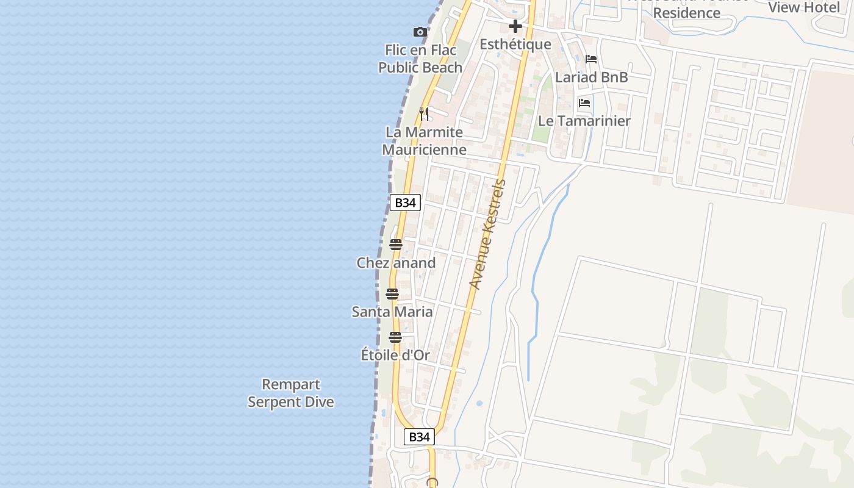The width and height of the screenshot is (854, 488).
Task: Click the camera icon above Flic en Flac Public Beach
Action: (x=420, y=32)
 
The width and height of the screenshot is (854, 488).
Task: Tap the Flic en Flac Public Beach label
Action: (x=420, y=59)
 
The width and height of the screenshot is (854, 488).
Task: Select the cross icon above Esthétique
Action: (x=515, y=26)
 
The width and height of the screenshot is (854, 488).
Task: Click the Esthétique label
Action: (x=515, y=45)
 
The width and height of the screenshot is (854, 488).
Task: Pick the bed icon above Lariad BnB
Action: (x=591, y=59)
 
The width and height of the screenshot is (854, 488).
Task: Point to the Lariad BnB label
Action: (x=591, y=77)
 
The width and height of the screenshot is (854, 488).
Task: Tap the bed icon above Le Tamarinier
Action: (x=584, y=102)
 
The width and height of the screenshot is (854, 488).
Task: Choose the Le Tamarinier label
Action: (x=584, y=121)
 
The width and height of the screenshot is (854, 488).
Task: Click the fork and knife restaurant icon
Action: (x=424, y=113)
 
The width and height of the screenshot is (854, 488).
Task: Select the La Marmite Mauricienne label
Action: (x=425, y=141)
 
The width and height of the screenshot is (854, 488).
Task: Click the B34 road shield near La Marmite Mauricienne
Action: (x=405, y=203)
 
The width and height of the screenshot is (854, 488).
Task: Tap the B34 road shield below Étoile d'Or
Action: (x=419, y=437)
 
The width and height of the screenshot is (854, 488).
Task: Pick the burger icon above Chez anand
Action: (x=396, y=245)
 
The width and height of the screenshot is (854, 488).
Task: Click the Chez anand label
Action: (x=396, y=263)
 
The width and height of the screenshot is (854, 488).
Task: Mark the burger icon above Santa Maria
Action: (x=392, y=293)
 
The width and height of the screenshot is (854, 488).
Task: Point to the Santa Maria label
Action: (x=392, y=312)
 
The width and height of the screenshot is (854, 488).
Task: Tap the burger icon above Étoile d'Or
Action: (x=395, y=337)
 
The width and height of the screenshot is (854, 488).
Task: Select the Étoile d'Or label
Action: (x=395, y=355)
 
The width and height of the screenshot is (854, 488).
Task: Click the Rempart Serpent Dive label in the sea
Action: (x=291, y=393)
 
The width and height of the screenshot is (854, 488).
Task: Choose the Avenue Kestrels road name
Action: (x=488, y=234)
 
